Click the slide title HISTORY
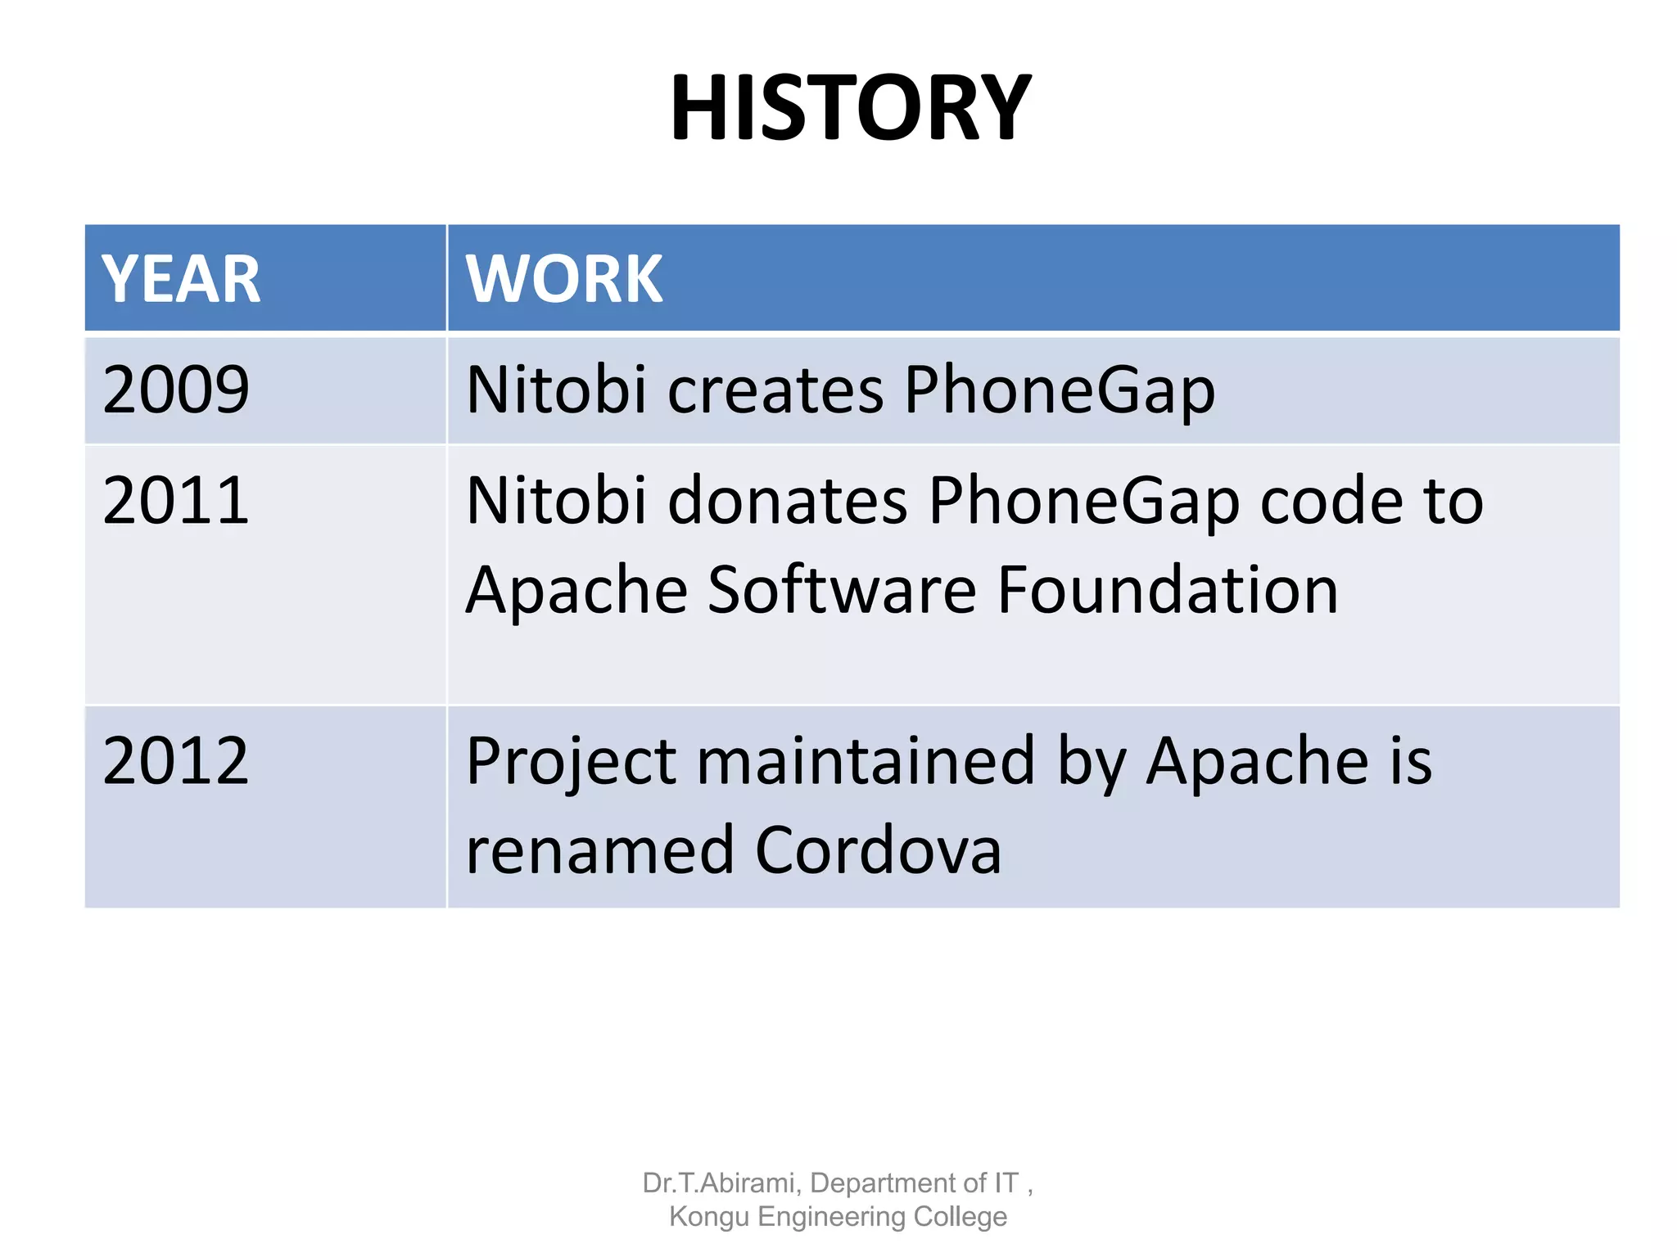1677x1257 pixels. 850,108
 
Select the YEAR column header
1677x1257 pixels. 181,279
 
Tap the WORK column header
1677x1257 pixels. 563,279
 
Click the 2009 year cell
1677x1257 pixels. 176,390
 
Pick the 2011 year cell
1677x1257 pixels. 176,501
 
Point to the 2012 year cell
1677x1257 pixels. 176,761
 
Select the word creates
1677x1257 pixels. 775,390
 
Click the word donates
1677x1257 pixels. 788,501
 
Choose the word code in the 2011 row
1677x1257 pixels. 1331,501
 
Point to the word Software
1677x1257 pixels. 842,589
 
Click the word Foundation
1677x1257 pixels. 1168,589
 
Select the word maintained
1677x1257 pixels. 866,761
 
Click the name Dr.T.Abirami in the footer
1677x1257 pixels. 719,1183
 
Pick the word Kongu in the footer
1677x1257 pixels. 709,1217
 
